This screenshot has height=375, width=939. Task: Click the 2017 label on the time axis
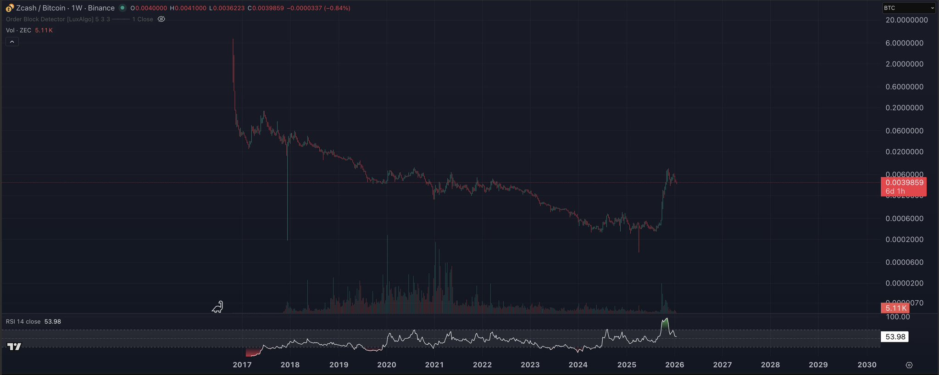point(242,365)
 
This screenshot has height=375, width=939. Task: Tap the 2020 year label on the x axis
point(386,365)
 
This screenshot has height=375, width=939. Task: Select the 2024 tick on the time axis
point(578,365)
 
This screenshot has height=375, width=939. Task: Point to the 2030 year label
point(867,365)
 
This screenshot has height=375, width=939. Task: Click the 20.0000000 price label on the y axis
point(907,20)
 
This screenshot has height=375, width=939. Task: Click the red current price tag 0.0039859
point(903,183)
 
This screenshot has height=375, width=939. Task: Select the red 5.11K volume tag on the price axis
point(895,308)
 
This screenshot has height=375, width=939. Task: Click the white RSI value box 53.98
point(895,337)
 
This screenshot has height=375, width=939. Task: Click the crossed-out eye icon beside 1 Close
point(161,19)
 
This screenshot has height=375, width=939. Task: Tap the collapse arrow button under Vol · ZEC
point(12,42)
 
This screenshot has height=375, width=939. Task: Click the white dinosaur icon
point(217,307)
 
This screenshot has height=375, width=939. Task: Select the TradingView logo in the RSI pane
point(15,347)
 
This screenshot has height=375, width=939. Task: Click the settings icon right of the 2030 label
point(909,365)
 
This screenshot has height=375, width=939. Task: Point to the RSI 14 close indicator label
point(23,322)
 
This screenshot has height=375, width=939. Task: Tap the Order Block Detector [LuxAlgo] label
point(50,19)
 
